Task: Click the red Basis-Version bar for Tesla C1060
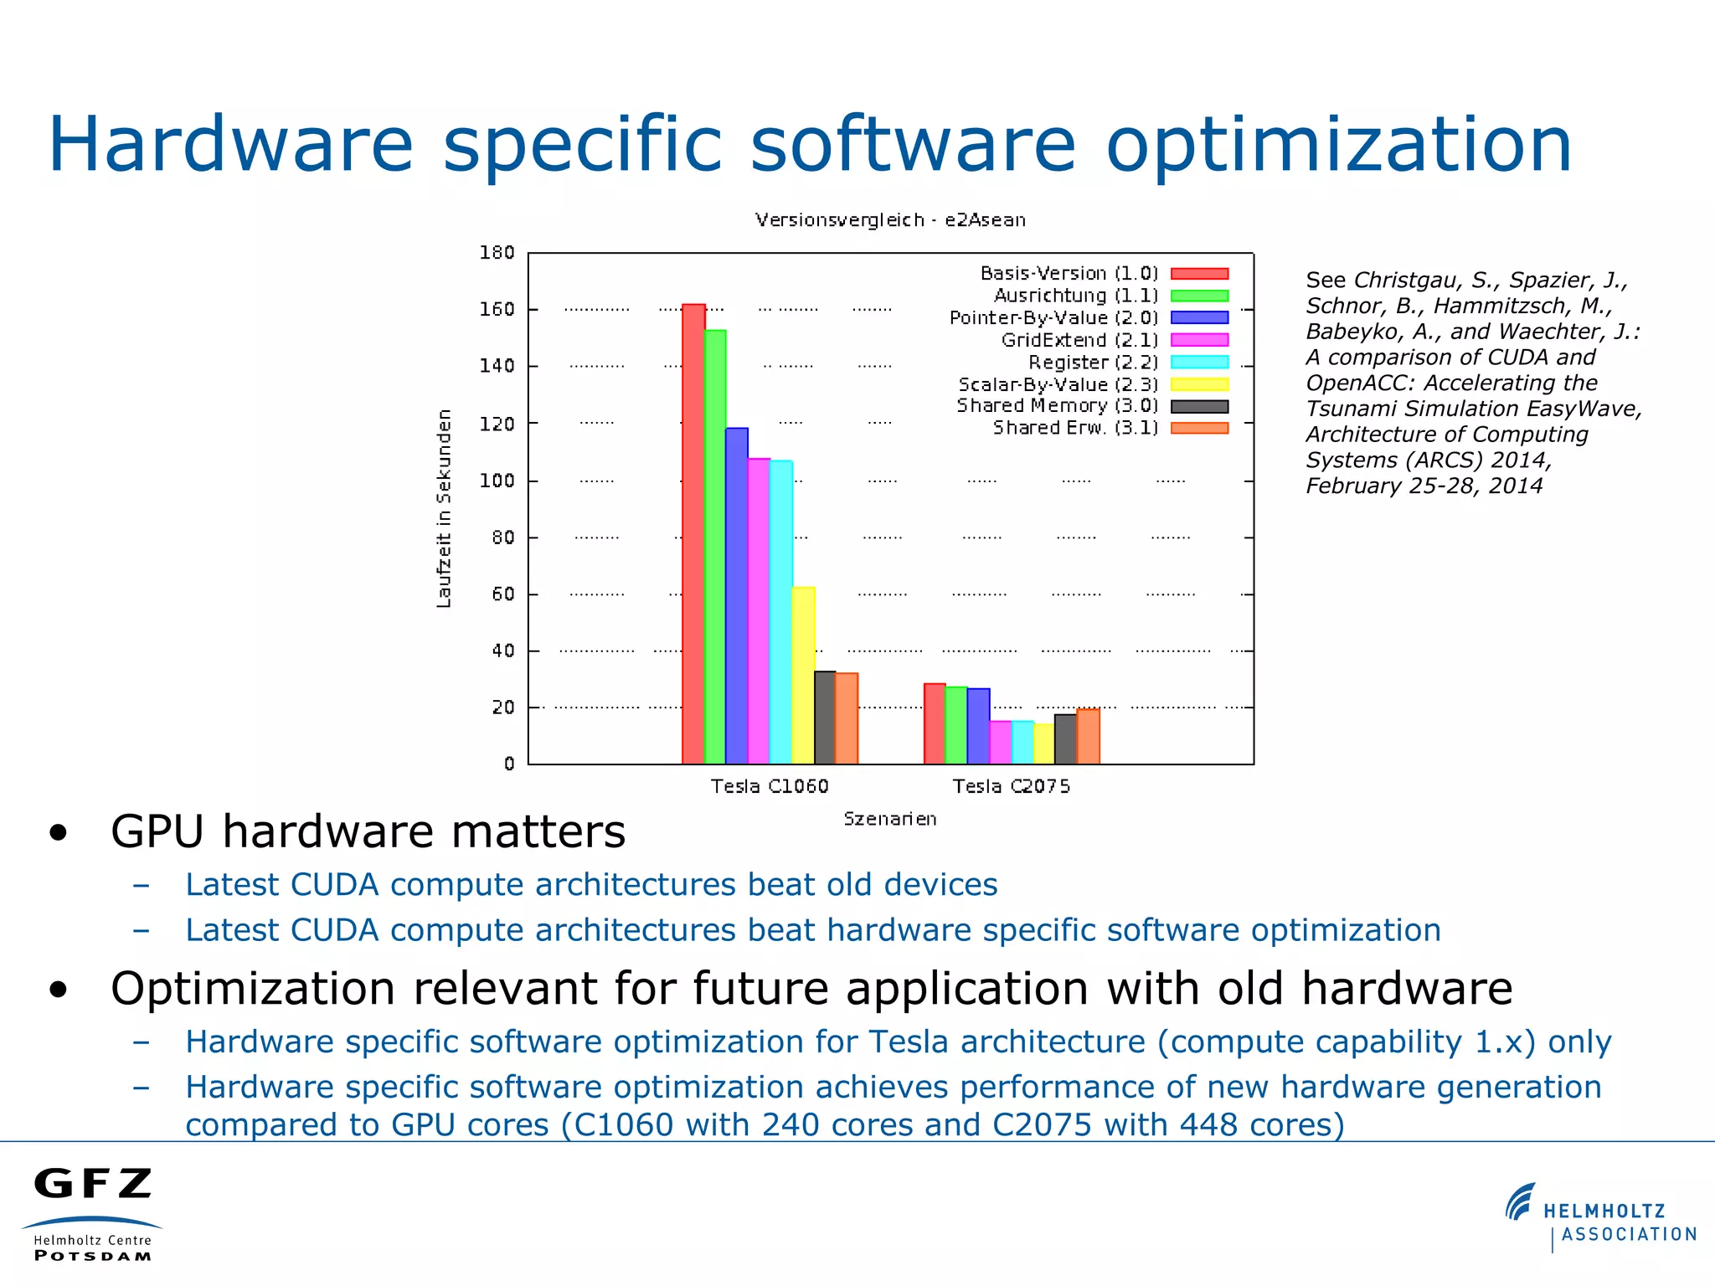(x=693, y=536)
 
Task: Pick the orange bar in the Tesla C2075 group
(x=1088, y=737)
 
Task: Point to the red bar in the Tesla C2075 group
(x=935, y=724)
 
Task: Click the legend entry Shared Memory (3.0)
(x=1057, y=406)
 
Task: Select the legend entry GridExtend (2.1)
(x=1079, y=340)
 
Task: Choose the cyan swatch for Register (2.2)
(x=1199, y=363)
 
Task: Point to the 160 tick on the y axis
(x=497, y=310)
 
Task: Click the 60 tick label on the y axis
(x=502, y=594)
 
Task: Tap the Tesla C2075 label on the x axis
(x=1011, y=786)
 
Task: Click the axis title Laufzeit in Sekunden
(x=444, y=508)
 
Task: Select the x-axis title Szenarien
(x=889, y=819)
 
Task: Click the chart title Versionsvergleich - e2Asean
(x=889, y=220)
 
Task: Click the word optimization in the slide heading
(x=1338, y=145)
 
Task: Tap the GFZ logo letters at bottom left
(x=93, y=1184)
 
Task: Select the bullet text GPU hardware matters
(x=368, y=831)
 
